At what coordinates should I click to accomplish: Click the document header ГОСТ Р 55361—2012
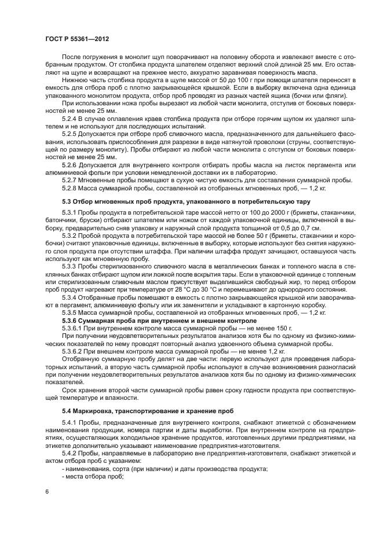pyautogui.click(x=77, y=38)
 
